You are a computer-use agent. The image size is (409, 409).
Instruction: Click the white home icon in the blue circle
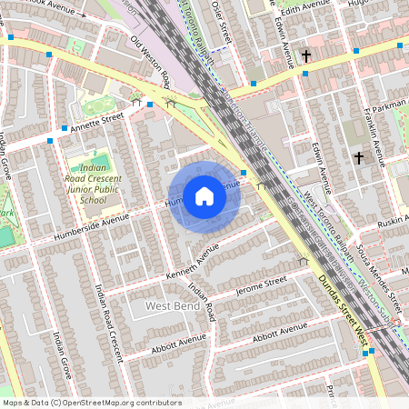[204, 196]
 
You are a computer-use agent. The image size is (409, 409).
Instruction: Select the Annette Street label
[101, 121]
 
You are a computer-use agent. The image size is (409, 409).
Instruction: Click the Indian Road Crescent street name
[109, 319]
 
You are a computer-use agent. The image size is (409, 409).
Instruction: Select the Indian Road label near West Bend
[202, 299]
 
